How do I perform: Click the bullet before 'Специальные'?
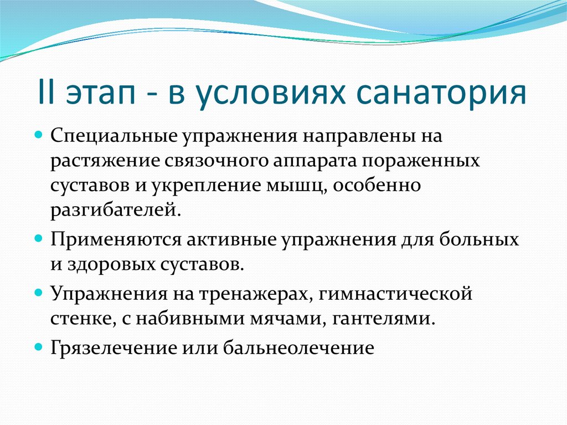click(39, 135)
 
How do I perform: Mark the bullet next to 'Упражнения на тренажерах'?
click(39, 293)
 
